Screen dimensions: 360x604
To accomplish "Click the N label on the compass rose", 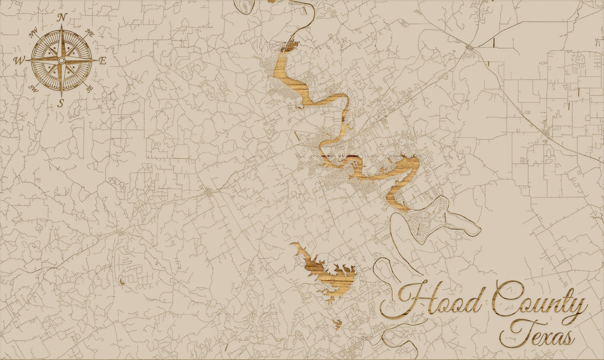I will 62,17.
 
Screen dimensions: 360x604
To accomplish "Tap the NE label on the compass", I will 89,34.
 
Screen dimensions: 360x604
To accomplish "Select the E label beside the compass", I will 103,60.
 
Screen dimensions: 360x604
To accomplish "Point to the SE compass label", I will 89,88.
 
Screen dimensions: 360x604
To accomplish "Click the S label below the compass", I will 61,102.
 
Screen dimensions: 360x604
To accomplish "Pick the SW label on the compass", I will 34,88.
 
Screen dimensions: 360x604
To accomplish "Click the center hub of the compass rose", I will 62,60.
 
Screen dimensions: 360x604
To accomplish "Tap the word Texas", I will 537,334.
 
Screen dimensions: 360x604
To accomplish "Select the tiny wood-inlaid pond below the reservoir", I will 338,323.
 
